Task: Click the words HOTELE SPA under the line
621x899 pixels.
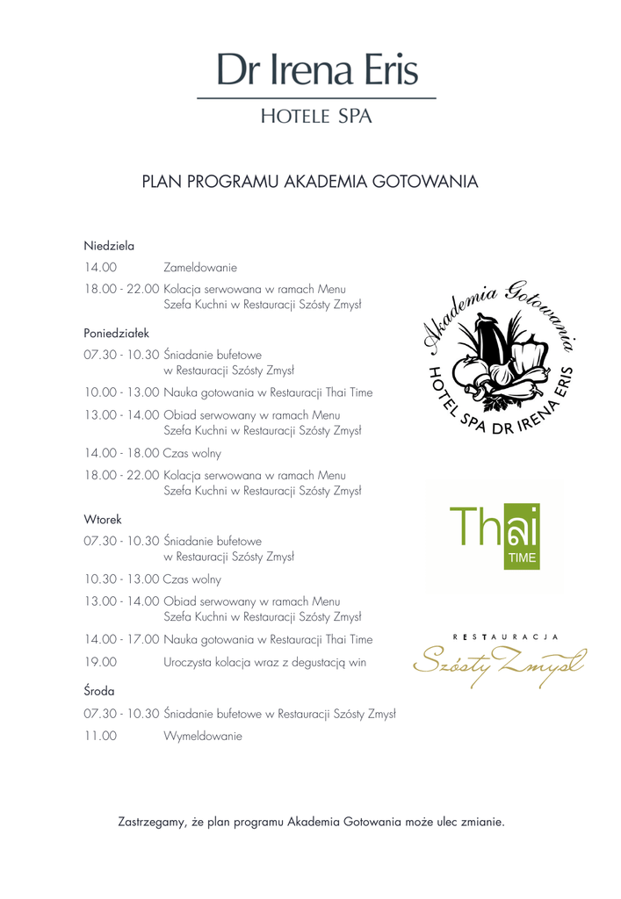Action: [x=316, y=116]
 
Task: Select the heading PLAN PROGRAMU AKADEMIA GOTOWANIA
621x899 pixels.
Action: [x=310, y=183]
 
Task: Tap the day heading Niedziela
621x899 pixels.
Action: [x=109, y=246]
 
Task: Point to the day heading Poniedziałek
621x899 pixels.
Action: [x=117, y=333]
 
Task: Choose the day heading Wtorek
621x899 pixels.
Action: [x=103, y=519]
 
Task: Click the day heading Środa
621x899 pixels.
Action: [x=99, y=691]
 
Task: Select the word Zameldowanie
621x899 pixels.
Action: [x=200, y=267]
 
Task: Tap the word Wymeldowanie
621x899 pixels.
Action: [x=202, y=737]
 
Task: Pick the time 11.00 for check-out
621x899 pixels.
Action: [x=101, y=737]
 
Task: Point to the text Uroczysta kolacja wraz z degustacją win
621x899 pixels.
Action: [x=264, y=663]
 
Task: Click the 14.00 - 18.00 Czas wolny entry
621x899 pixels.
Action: [x=153, y=454]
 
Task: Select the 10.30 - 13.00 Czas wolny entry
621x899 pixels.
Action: [x=153, y=579]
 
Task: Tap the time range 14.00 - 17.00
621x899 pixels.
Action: [x=122, y=639]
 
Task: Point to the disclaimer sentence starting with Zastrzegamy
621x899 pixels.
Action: [x=311, y=823]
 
